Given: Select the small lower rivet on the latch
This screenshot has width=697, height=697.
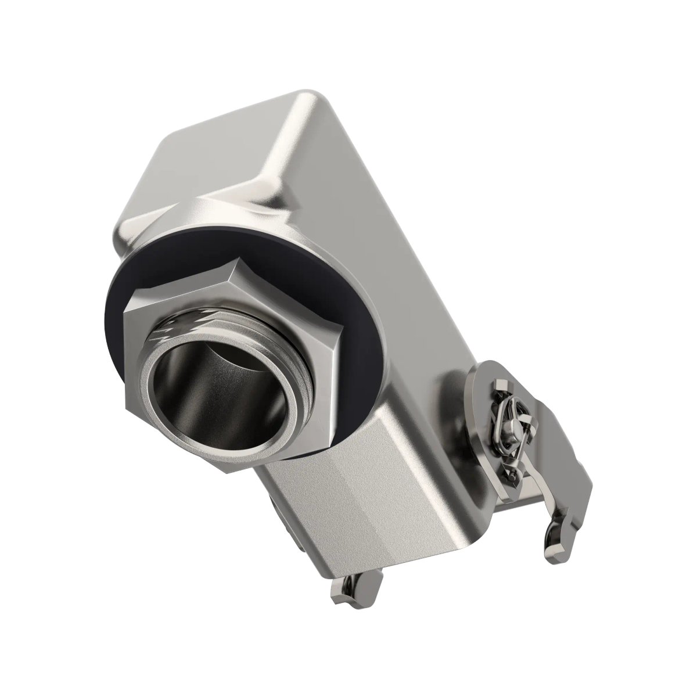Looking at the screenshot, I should (512, 475).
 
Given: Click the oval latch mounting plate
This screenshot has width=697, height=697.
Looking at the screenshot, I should (476, 407).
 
